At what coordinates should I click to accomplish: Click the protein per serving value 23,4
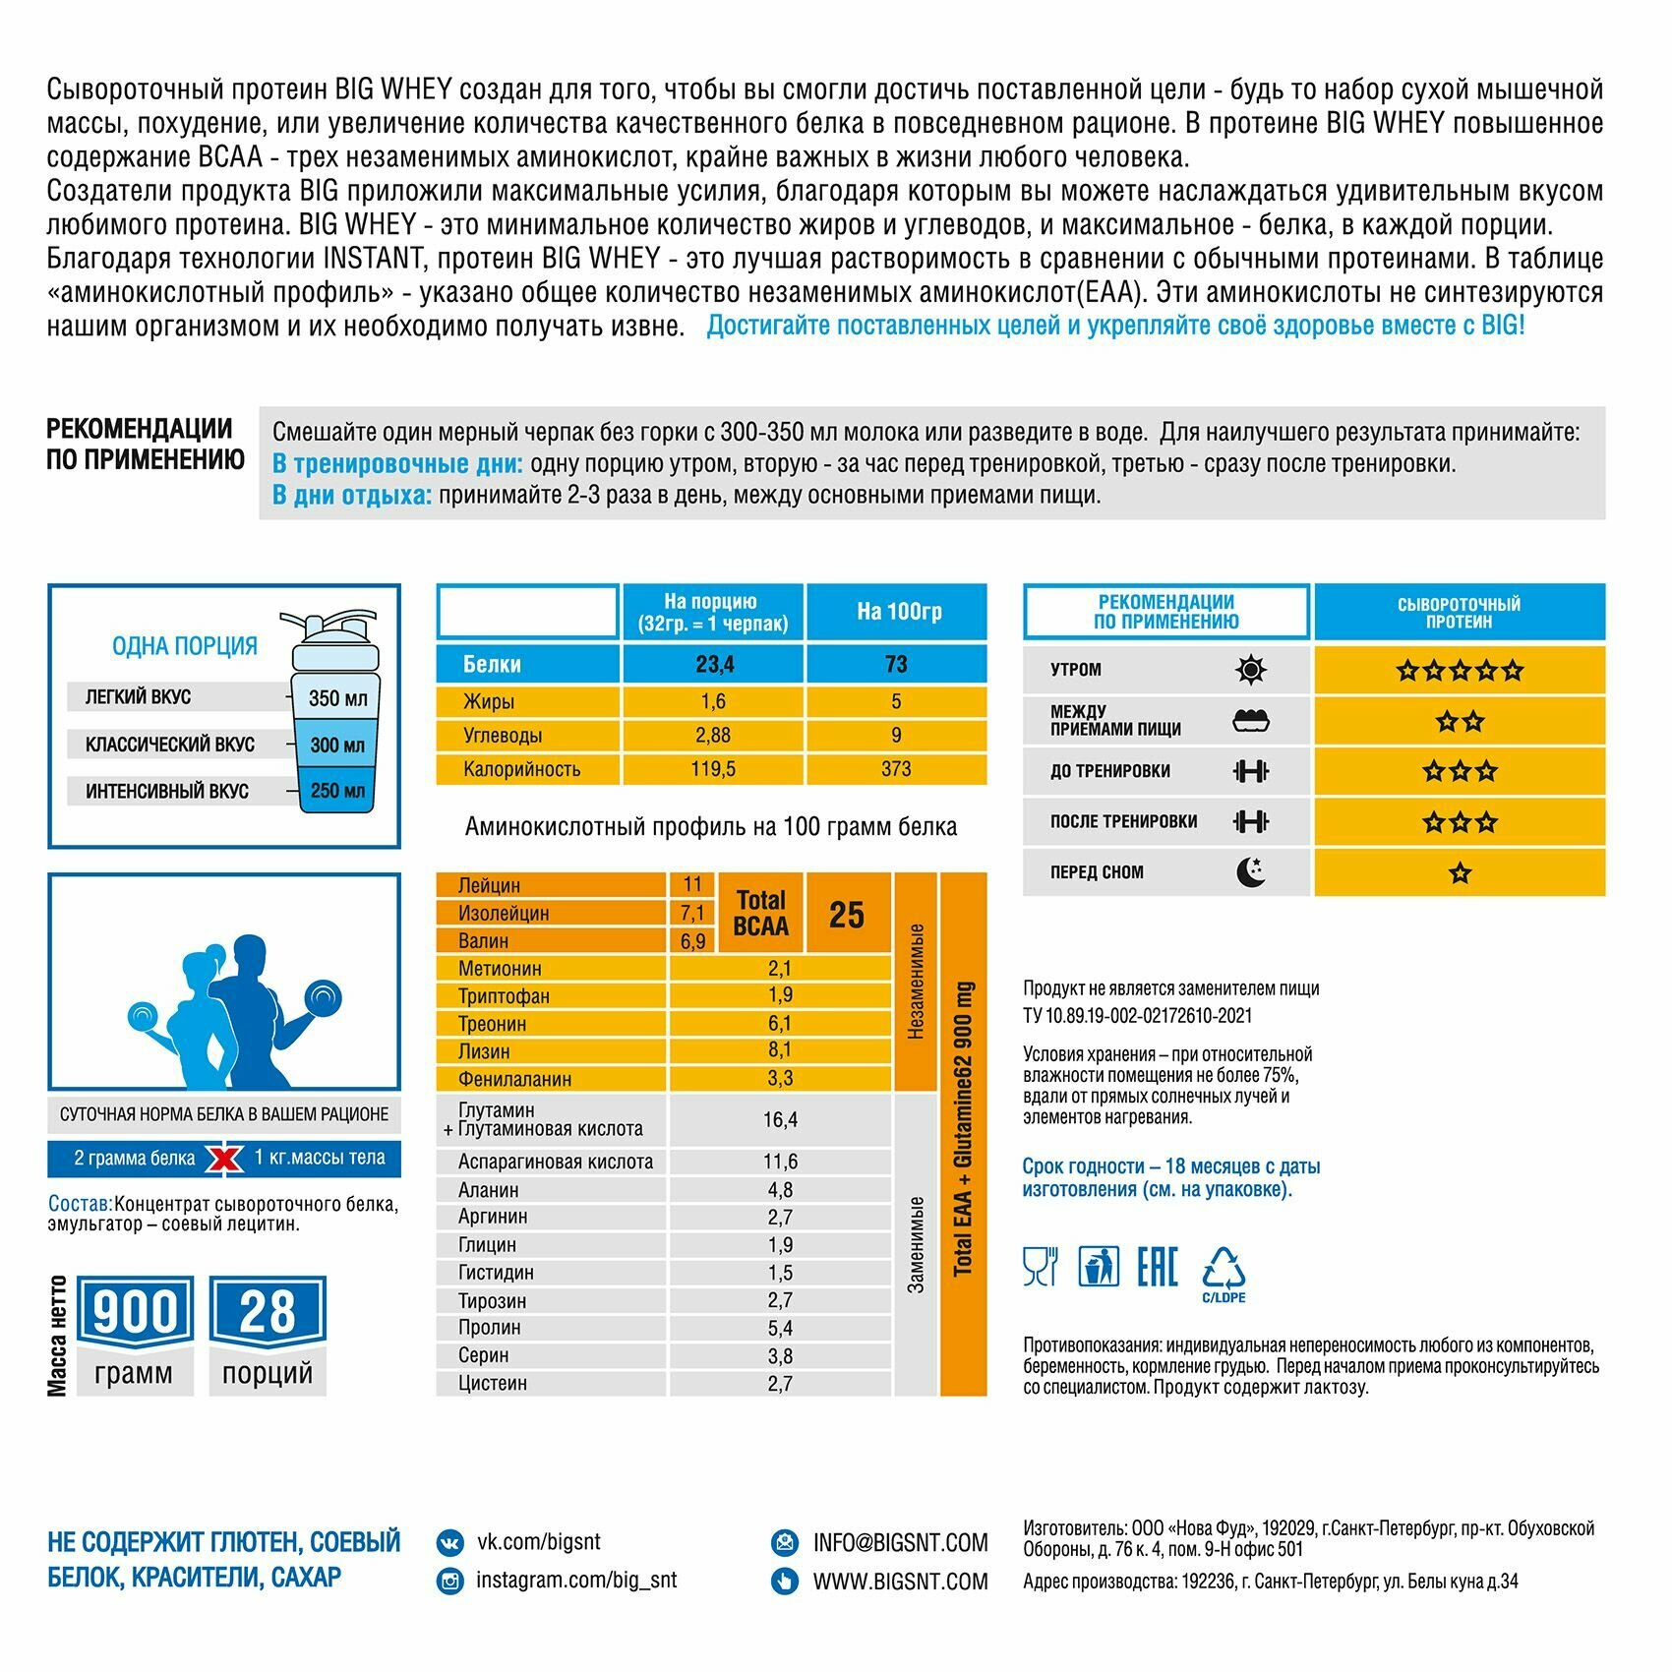click(714, 665)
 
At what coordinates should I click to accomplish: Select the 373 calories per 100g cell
click(896, 769)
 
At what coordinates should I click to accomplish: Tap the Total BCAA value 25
click(846, 915)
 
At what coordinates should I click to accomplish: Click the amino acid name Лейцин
click(489, 885)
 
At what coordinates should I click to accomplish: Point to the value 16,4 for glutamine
click(780, 1120)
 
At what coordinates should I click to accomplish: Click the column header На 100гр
click(899, 612)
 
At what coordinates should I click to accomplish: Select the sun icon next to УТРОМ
click(1250, 671)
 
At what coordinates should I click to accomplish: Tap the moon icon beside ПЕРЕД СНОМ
click(1250, 872)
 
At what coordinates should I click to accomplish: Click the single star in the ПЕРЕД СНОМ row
click(1460, 873)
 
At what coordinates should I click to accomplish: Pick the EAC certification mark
click(1157, 1267)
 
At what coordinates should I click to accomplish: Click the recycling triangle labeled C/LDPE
click(1224, 1269)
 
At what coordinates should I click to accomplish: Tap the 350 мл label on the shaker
click(337, 698)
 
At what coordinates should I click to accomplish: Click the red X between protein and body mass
click(224, 1160)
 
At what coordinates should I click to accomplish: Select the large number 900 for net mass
click(135, 1312)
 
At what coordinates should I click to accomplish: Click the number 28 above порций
click(267, 1312)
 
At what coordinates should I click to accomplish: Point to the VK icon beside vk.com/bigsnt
click(450, 1542)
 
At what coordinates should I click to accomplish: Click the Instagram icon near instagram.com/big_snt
click(450, 1581)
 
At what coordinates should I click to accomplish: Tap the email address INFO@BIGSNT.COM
click(900, 1543)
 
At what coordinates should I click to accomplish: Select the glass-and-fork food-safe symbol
click(1040, 1267)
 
